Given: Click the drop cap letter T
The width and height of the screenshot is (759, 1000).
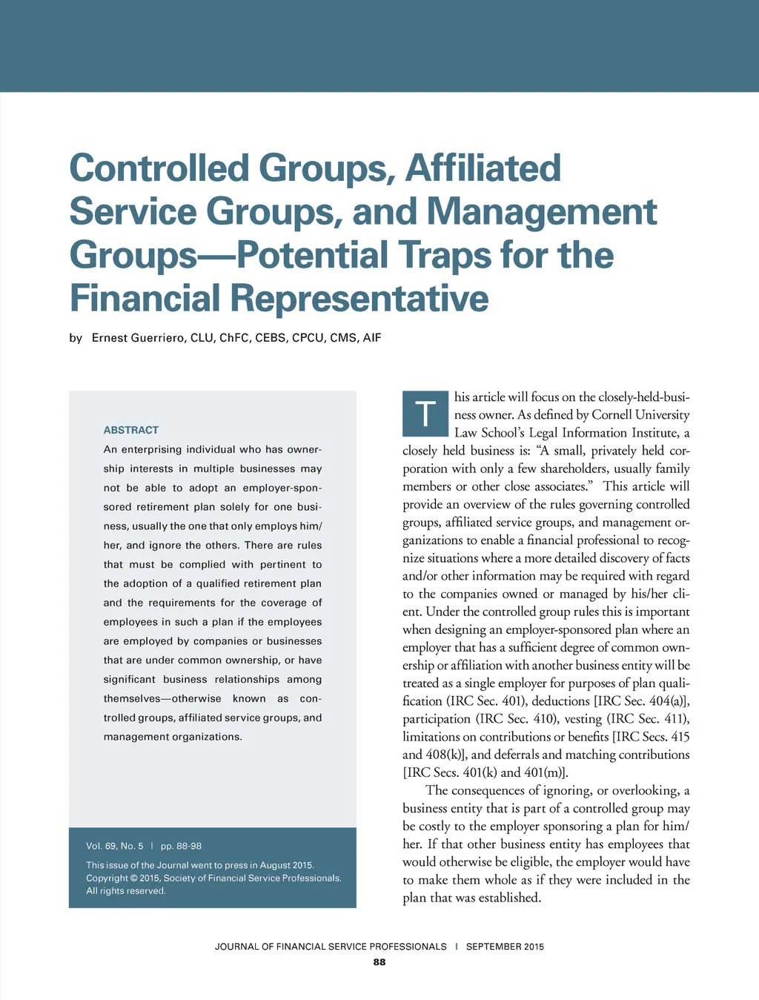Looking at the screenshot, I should click(x=425, y=414).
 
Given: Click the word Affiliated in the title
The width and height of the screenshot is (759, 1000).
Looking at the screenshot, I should click(x=483, y=168).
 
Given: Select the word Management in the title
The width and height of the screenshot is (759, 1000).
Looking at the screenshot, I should click(x=542, y=211).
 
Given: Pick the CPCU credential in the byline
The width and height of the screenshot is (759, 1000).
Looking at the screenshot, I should click(x=308, y=338).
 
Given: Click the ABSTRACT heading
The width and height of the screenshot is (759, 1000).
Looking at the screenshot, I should click(x=131, y=430).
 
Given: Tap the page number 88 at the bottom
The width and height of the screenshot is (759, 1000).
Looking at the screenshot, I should click(x=379, y=962).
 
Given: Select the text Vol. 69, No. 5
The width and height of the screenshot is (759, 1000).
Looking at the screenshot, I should click(x=115, y=846).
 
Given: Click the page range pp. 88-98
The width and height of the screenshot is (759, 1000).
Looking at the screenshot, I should click(x=181, y=846).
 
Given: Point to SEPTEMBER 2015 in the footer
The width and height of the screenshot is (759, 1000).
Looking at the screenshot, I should click(x=505, y=947).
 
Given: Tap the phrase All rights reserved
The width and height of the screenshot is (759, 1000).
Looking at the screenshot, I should click(x=126, y=891).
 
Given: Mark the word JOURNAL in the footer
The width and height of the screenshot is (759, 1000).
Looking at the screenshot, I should click(x=236, y=947).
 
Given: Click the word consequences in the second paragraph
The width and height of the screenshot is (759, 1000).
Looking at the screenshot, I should click(x=490, y=791).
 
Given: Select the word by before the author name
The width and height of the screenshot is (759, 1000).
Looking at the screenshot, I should click(x=76, y=338).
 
